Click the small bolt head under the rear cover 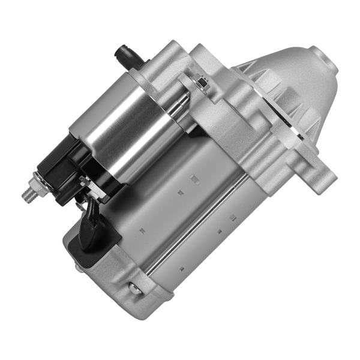pyautogui.click(x=78, y=267)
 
